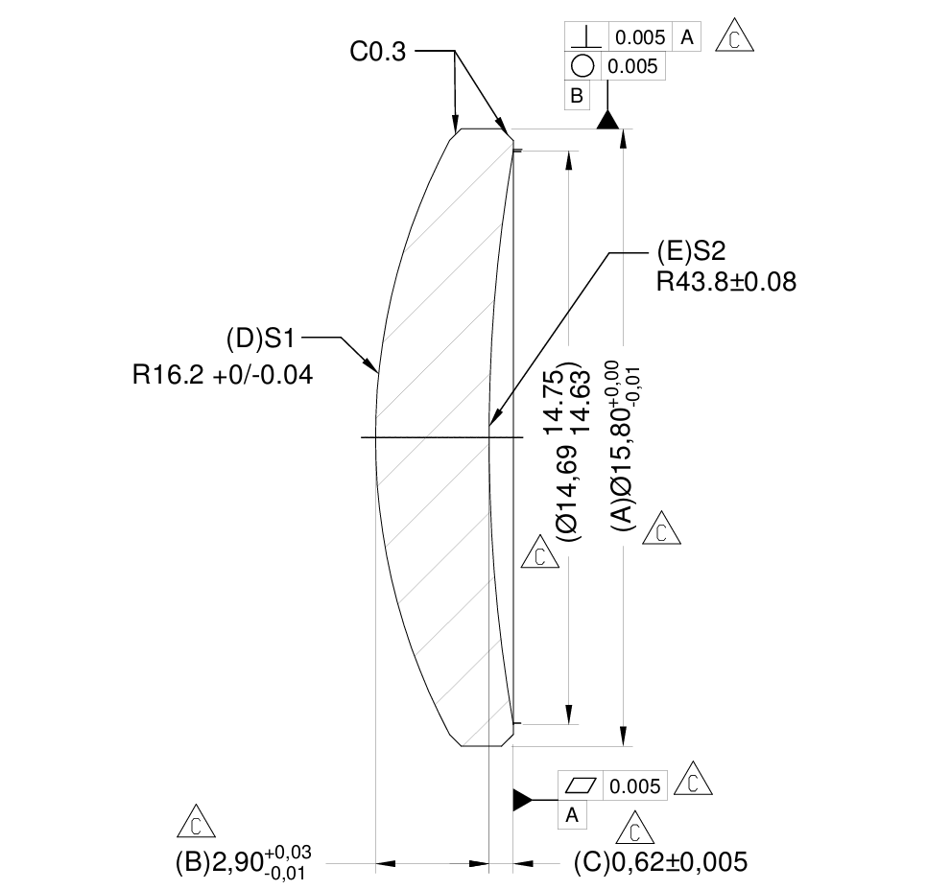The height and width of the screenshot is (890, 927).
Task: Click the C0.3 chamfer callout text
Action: click(x=378, y=53)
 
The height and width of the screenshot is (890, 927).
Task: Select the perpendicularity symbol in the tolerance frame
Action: click(x=586, y=37)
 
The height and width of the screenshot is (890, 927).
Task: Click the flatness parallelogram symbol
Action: click(x=582, y=786)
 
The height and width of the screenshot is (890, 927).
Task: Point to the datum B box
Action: click(x=577, y=96)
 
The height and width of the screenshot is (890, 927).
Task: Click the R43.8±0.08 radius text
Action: click(x=725, y=282)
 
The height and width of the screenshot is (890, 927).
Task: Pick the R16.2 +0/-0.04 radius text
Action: click(x=223, y=375)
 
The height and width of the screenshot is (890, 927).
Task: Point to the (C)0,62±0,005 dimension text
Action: click(x=659, y=861)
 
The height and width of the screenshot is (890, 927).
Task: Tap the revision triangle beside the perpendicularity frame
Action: click(x=735, y=36)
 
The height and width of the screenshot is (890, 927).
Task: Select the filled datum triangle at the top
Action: click(x=607, y=119)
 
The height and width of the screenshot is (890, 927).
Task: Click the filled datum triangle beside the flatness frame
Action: click(x=521, y=799)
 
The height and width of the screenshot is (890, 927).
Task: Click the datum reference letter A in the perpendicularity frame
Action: click(x=687, y=37)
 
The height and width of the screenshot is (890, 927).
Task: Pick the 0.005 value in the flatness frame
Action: click(x=635, y=786)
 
